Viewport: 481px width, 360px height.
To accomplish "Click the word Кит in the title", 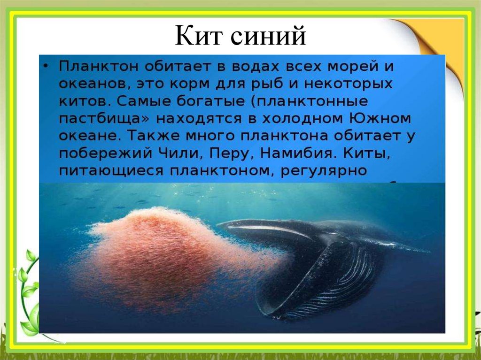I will click(x=198, y=36).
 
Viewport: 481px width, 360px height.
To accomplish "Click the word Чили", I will click(x=182, y=153).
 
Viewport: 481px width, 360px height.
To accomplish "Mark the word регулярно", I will click(x=324, y=170).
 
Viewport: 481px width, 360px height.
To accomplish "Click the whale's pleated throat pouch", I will click(x=324, y=282).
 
